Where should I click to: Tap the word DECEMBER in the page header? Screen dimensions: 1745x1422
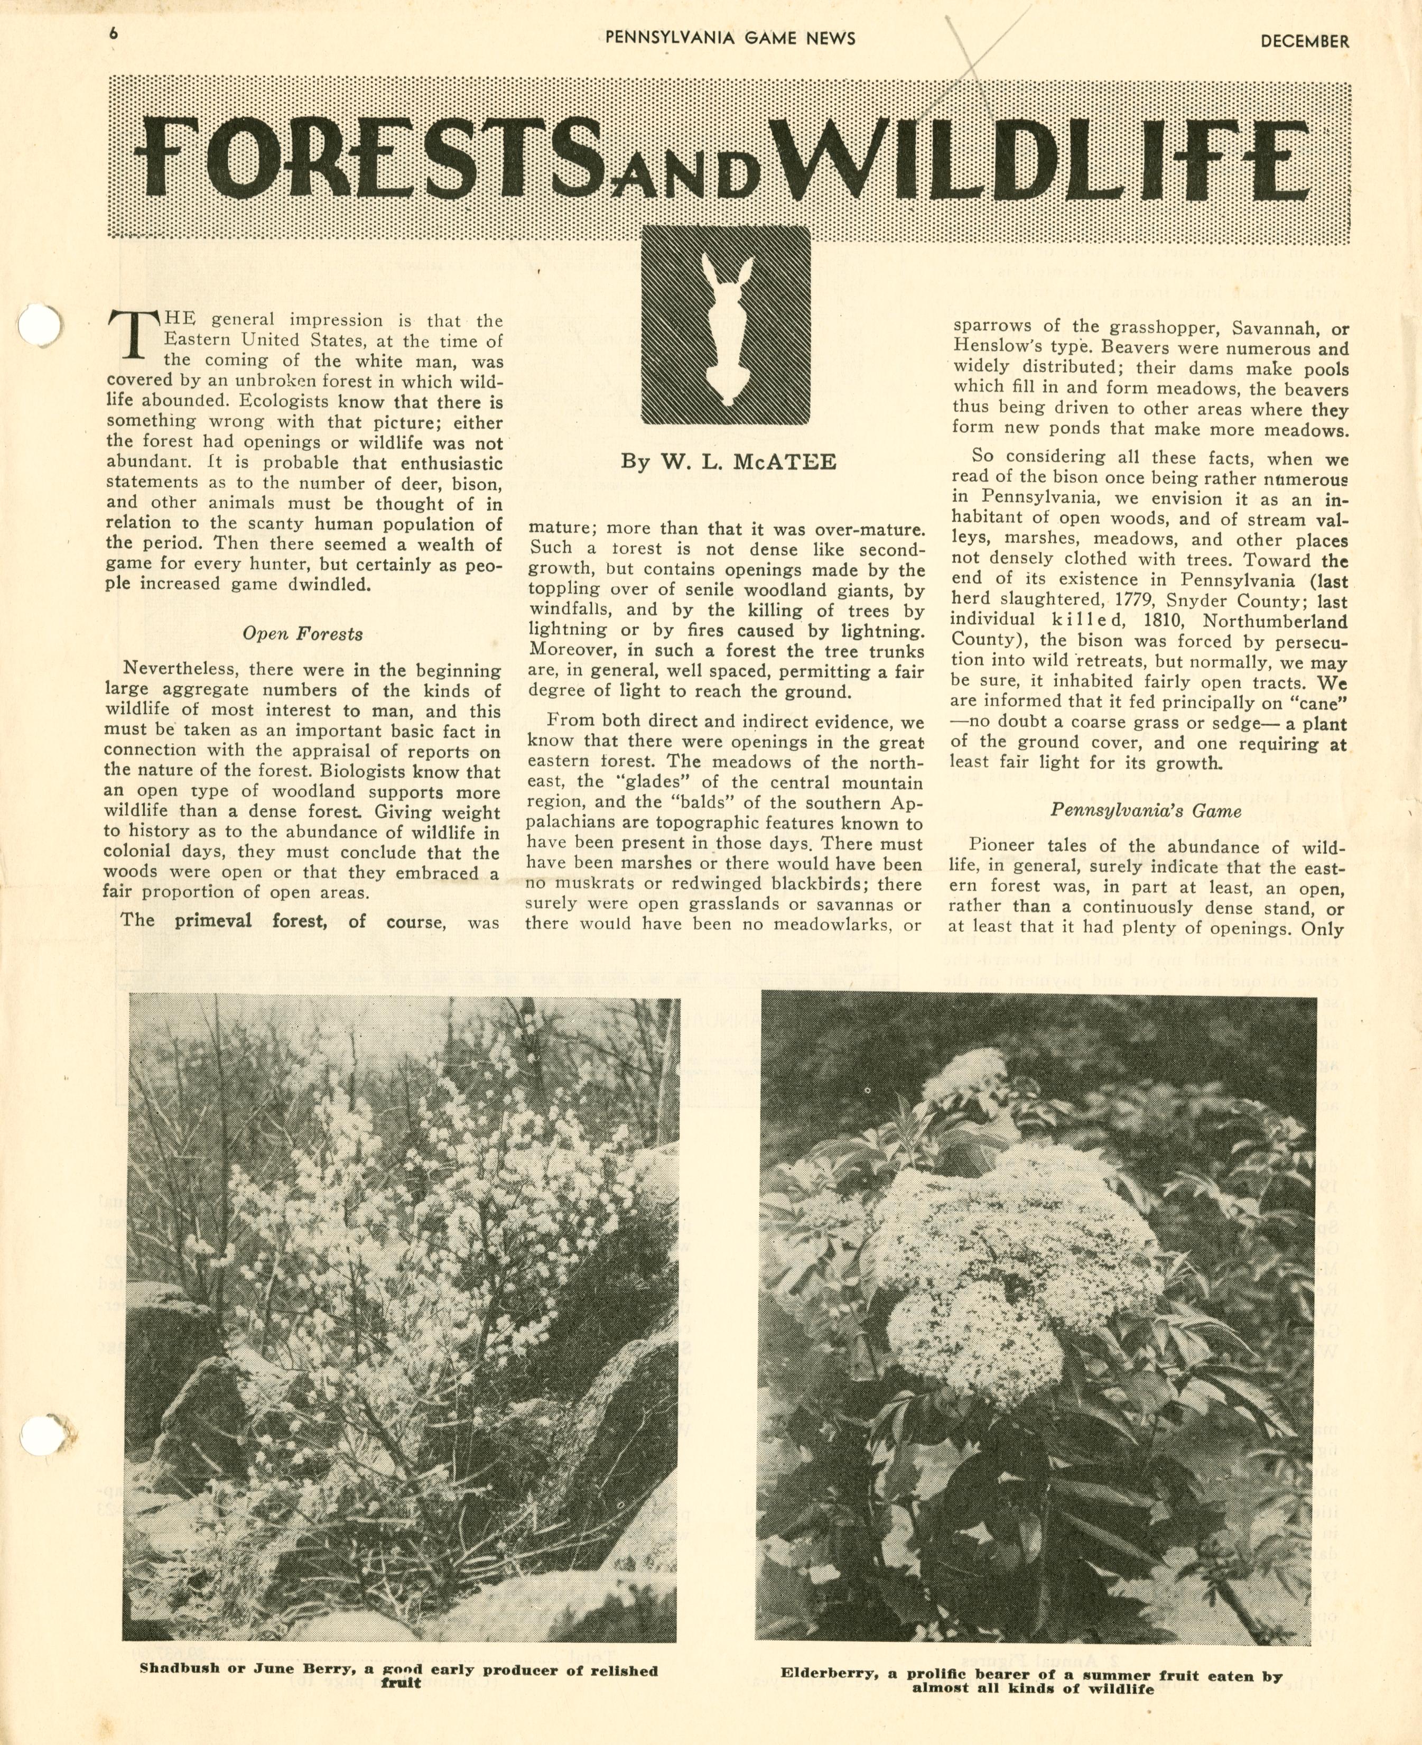pyautogui.click(x=1304, y=41)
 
